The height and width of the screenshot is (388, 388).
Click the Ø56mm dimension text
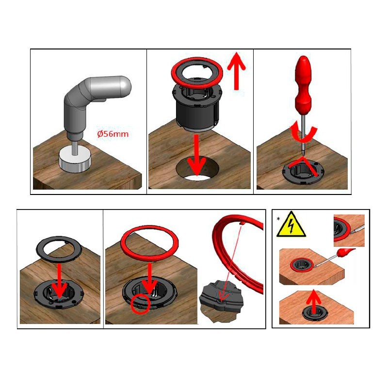point(113,134)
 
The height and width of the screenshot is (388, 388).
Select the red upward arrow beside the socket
point(236,71)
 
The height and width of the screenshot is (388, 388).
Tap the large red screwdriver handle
point(303,84)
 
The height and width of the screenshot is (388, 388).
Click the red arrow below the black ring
point(59,281)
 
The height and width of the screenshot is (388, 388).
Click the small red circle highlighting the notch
point(140,304)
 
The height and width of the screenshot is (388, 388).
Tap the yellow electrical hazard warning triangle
point(291,225)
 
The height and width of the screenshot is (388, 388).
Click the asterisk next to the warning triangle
point(278,219)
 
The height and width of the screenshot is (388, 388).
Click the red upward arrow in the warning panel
point(313,302)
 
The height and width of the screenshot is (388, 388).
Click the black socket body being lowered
point(196,106)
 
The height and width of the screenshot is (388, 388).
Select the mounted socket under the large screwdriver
point(304,171)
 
